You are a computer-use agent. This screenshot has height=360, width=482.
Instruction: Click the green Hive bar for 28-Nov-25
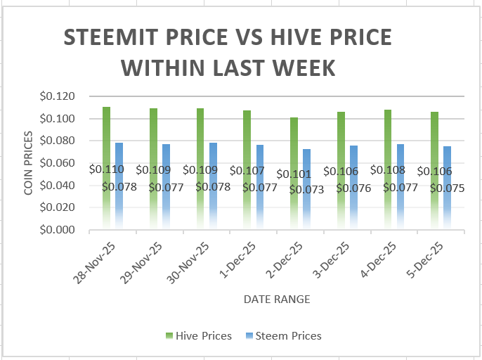[x=106, y=167]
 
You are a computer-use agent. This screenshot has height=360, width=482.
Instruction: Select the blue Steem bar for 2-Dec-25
[x=307, y=189]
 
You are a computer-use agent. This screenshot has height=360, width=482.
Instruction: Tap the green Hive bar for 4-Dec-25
[x=388, y=169]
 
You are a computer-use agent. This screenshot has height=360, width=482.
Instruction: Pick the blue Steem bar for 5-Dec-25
[x=448, y=188]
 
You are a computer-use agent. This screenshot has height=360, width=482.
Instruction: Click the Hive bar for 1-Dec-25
[x=247, y=169]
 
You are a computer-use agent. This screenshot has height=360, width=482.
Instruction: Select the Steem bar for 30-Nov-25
[x=213, y=186]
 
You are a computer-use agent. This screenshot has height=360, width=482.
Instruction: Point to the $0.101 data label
[x=294, y=174]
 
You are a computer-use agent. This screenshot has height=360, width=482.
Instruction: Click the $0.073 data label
[x=306, y=190]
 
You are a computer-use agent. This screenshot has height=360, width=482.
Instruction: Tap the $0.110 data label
[x=106, y=169]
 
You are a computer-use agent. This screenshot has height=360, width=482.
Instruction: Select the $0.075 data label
[x=447, y=188]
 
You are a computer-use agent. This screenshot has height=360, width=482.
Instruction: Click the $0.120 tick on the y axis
[x=57, y=96]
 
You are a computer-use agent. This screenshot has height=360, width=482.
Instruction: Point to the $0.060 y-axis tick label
[x=57, y=162]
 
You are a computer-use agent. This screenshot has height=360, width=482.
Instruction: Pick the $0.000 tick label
[x=57, y=229]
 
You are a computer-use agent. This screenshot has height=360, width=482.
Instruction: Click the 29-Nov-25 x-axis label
[x=141, y=263]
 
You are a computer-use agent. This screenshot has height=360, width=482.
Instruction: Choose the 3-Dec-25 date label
[x=331, y=260]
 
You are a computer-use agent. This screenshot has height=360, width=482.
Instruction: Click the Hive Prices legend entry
[x=199, y=335]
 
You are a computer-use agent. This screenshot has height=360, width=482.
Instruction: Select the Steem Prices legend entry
[x=284, y=335]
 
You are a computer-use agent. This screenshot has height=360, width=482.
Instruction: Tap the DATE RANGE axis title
[x=277, y=299]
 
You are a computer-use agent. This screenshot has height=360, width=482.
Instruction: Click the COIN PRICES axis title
[x=28, y=162]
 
